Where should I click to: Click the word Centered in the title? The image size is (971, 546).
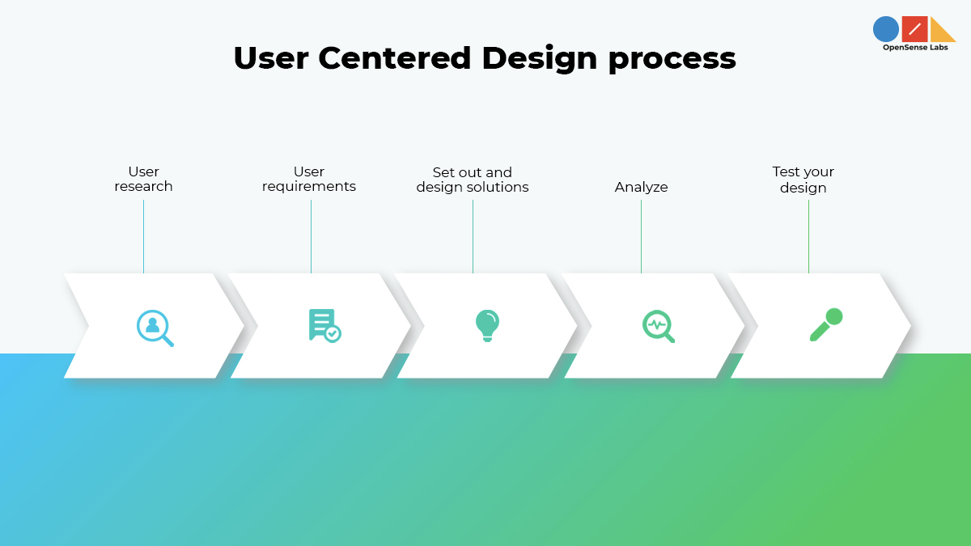point(395,58)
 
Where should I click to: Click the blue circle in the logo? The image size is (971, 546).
point(886,29)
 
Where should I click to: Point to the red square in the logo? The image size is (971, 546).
point(914,29)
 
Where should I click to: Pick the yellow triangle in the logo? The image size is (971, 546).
point(941,31)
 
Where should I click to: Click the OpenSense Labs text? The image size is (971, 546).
point(914,48)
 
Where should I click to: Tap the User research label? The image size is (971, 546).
point(143,179)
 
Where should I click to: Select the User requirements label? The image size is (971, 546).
point(309,179)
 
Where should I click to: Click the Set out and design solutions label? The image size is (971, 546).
point(473,180)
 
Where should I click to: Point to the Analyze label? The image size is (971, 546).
point(641,187)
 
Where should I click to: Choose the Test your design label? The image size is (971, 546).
point(803,180)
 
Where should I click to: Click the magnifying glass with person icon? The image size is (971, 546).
point(155,328)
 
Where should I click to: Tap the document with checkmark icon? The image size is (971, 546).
point(324,325)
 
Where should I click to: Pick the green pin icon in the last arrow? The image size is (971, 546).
point(826,324)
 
